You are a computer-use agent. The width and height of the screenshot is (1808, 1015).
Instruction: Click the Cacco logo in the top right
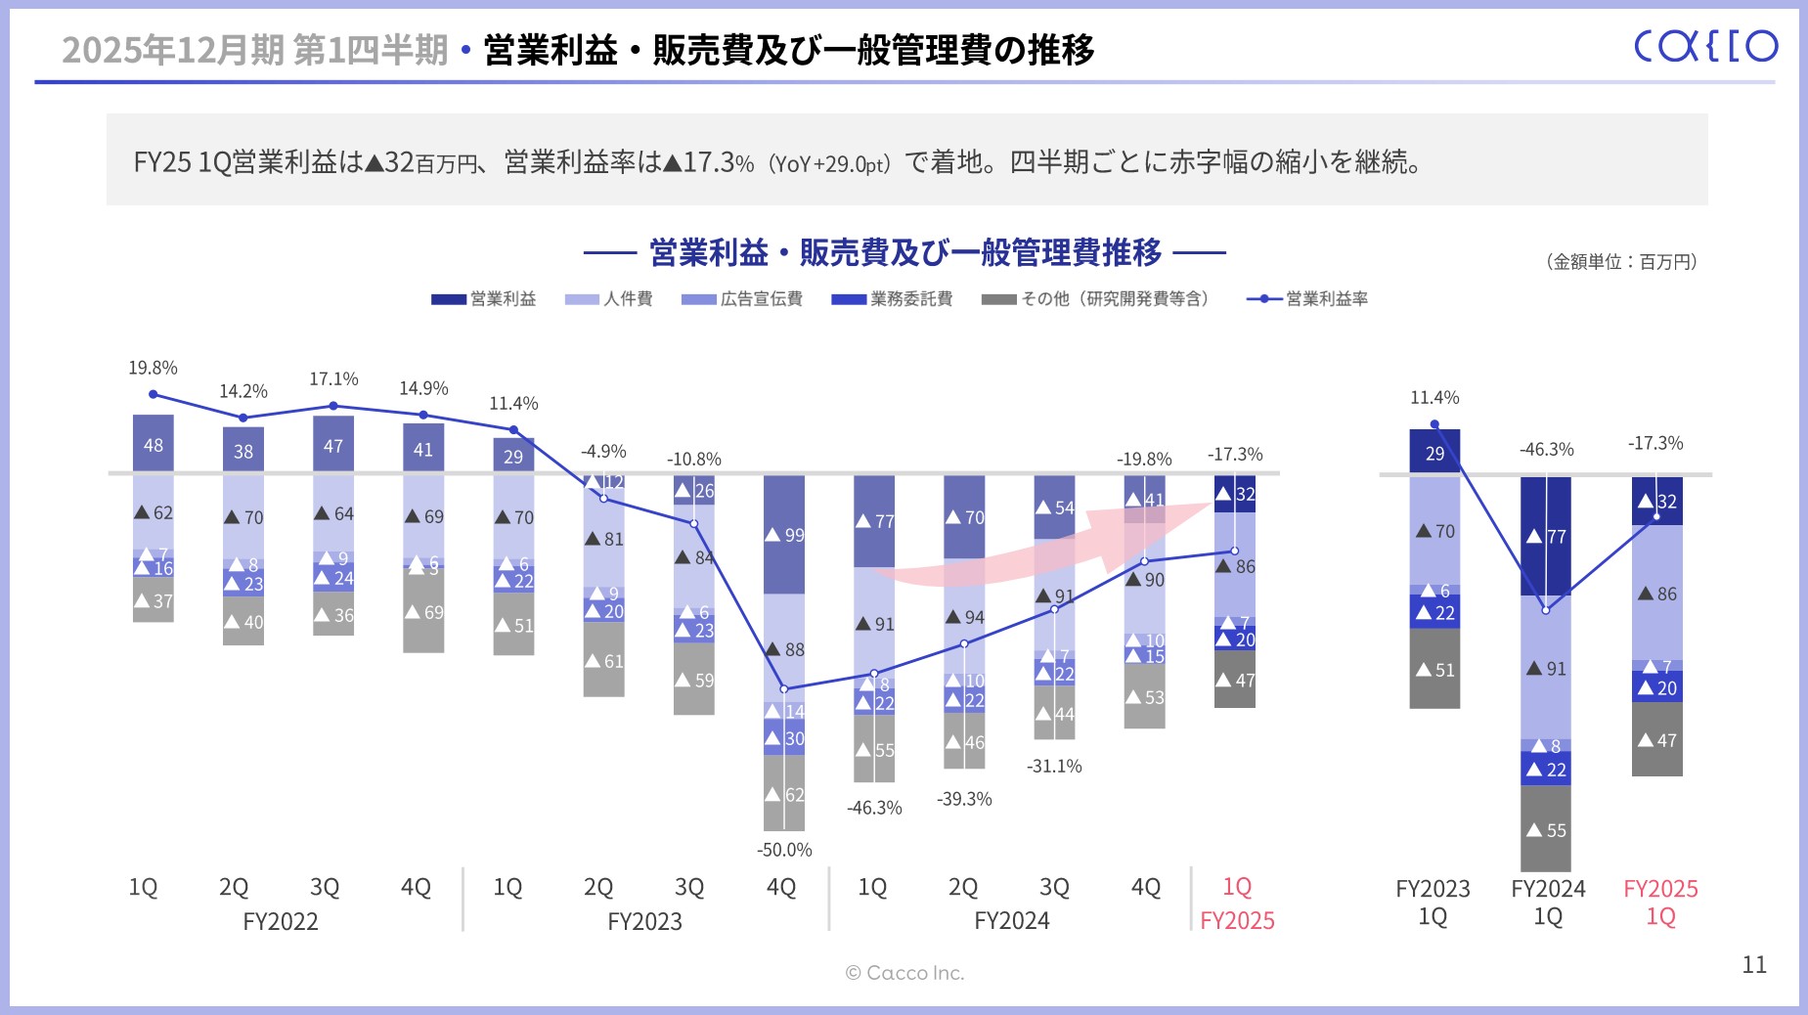coord(1705,46)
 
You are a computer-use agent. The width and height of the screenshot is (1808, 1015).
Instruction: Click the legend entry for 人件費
coord(608,299)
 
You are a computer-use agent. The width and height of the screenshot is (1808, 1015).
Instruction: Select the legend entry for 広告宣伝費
coord(742,299)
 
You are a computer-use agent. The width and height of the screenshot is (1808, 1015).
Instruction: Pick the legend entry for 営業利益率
coord(1307,299)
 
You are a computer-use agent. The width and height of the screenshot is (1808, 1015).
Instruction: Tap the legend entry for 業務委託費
coord(892,299)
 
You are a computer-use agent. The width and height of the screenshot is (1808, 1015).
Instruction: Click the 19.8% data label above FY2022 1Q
coord(153,369)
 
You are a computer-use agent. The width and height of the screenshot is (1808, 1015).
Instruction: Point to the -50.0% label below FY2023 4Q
coord(784,850)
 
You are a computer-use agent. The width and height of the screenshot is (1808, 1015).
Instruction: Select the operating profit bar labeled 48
coord(154,445)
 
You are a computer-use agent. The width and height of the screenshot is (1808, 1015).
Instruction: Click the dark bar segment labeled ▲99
coord(784,534)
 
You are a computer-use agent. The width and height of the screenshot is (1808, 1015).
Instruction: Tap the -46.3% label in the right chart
coord(1546,450)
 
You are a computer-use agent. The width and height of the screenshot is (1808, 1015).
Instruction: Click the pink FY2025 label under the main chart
coord(1237,921)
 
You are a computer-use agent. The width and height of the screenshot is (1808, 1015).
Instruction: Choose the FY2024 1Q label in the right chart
coord(1548,903)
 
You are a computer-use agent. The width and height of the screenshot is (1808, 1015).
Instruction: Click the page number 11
coord(1754,965)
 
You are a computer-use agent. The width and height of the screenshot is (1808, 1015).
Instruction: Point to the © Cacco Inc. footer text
coord(904,973)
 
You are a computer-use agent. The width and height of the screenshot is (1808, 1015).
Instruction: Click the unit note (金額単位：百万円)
coord(1621,262)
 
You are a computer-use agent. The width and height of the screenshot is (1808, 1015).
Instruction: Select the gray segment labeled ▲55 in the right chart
coord(1546,829)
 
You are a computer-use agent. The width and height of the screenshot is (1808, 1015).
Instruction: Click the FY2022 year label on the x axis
coord(281,921)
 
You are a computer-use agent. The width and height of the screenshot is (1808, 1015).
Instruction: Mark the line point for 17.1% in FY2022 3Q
coord(333,406)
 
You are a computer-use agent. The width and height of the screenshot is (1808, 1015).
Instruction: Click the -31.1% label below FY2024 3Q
coord(1054,767)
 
